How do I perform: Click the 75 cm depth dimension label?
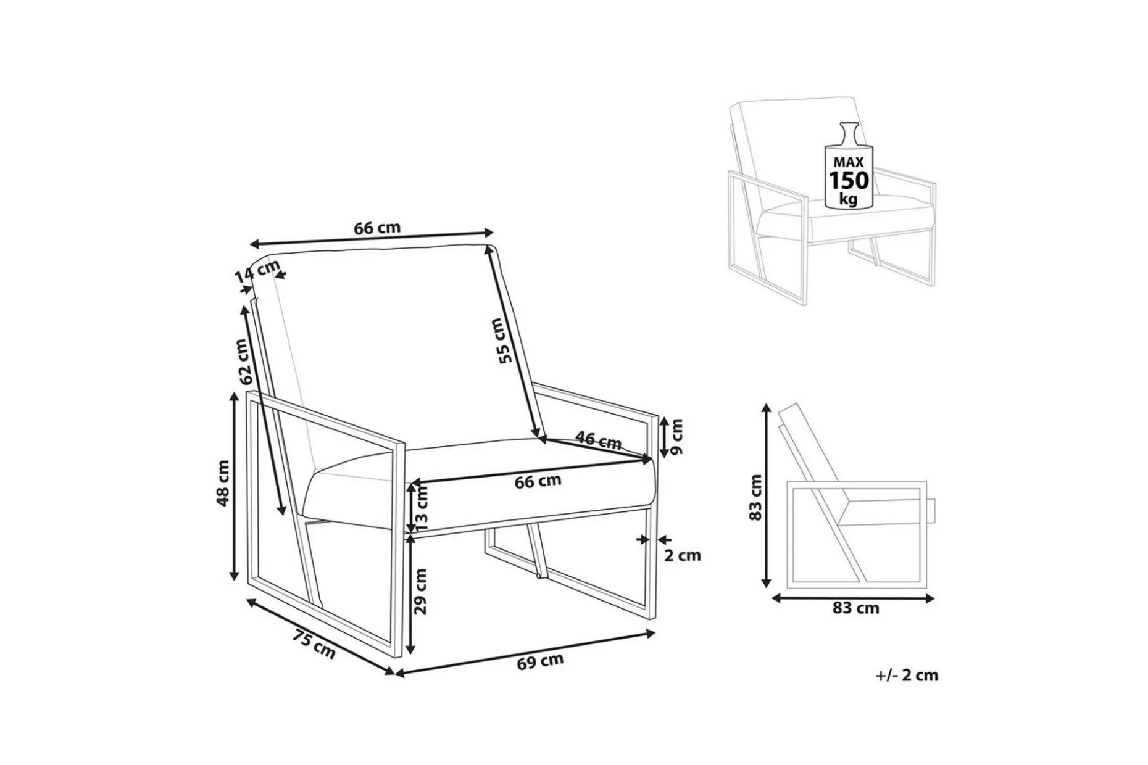(x=314, y=643)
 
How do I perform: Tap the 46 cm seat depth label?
(x=598, y=440)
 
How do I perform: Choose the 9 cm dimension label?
(x=676, y=436)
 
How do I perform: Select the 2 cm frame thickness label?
(x=683, y=555)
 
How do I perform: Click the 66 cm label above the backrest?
(x=377, y=228)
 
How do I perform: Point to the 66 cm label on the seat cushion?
(x=538, y=481)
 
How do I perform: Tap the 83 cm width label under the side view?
(x=855, y=608)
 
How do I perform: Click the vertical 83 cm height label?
(x=755, y=497)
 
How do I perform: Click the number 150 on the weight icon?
(x=849, y=181)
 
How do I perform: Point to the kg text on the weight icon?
(x=849, y=199)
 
